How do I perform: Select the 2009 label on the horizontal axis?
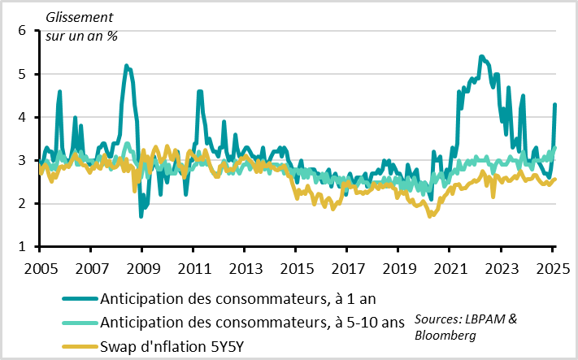[142, 268]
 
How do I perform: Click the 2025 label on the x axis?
[552, 268]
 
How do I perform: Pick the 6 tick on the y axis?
[22, 31]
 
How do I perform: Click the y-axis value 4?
[22, 117]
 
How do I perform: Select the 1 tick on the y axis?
[22, 246]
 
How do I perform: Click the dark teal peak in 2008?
[126, 66]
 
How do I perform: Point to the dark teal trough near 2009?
[141, 216]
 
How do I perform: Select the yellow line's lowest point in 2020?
[431, 216]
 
